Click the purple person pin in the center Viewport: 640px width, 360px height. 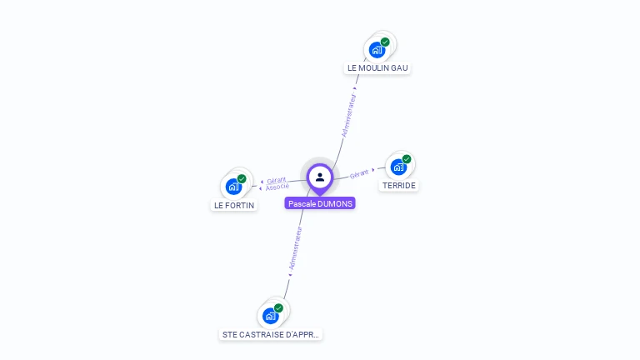pos(320,177)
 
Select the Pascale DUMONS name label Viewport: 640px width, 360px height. pos(320,203)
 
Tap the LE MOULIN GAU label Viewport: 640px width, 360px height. pos(378,67)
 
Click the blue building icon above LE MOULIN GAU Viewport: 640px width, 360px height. pos(377,50)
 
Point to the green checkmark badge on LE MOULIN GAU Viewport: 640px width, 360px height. pos(385,42)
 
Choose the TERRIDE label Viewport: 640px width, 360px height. pos(398,185)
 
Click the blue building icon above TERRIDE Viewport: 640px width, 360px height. pos(398,167)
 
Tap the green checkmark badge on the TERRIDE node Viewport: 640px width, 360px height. pos(407,159)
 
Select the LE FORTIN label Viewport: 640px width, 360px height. pos(234,205)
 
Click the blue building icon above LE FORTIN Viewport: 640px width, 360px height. pos(233,187)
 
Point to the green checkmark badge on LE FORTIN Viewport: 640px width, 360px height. pos(242,178)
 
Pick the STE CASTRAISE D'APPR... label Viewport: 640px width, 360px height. pos(271,334)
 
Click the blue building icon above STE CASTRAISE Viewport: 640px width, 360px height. pos(270,316)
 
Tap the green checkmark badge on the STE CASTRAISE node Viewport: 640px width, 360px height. pos(278,308)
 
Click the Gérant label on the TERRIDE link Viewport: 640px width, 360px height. pos(359,173)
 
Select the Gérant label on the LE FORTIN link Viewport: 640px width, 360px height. pos(276,180)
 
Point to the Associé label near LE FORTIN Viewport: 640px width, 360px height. pos(277,187)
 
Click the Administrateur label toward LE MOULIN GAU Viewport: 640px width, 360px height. pos(349,114)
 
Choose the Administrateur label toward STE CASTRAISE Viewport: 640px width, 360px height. pos(295,248)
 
